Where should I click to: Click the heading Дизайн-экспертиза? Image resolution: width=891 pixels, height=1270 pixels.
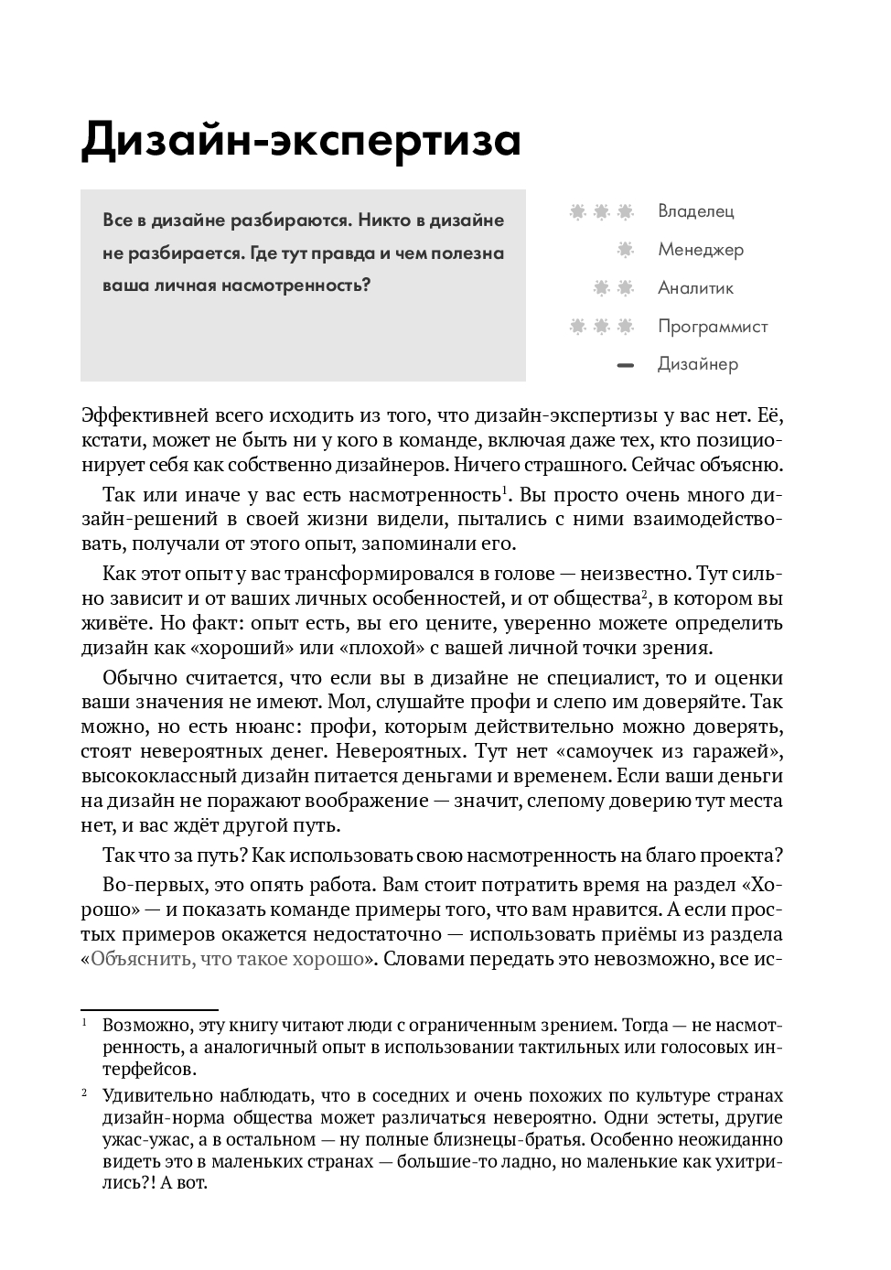pyautogui.click(x=301, y=140)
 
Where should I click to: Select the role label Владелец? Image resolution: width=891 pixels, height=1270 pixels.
pyautogui.click(x=695, y=211)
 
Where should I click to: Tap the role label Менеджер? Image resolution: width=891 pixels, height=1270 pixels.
pyautogui.click(x=700, y=250)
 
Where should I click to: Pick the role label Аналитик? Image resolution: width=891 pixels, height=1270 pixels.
pyautogui.click(x=695, y=288)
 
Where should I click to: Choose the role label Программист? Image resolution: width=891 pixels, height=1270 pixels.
pyautogui.click(x=712, y=327)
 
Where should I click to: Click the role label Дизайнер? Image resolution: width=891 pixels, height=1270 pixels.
pyautogui.click(x=697, y=364)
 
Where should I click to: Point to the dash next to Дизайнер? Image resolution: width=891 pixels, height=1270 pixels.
pyautogui.click(x=626, y=365)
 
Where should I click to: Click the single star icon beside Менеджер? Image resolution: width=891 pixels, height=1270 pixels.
pyautogui.click(x=626, y=249)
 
